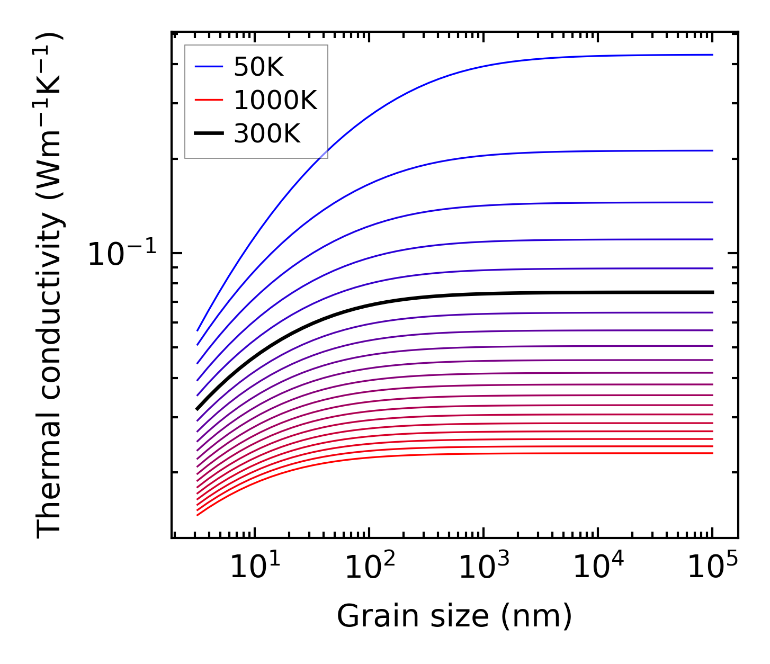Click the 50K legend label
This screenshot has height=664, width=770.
(258, 67)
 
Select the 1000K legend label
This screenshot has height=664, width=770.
(275, 101)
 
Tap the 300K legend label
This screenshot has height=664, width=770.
(267, 134)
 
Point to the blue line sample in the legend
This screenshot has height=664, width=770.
(209, 67)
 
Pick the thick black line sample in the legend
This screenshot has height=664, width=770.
(209, 134)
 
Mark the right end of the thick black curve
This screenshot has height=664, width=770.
(713, 292)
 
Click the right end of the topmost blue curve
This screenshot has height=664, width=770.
(713, 55)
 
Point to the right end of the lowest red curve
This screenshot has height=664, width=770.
(713, 453)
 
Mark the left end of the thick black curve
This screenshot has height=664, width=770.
(197, 409)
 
